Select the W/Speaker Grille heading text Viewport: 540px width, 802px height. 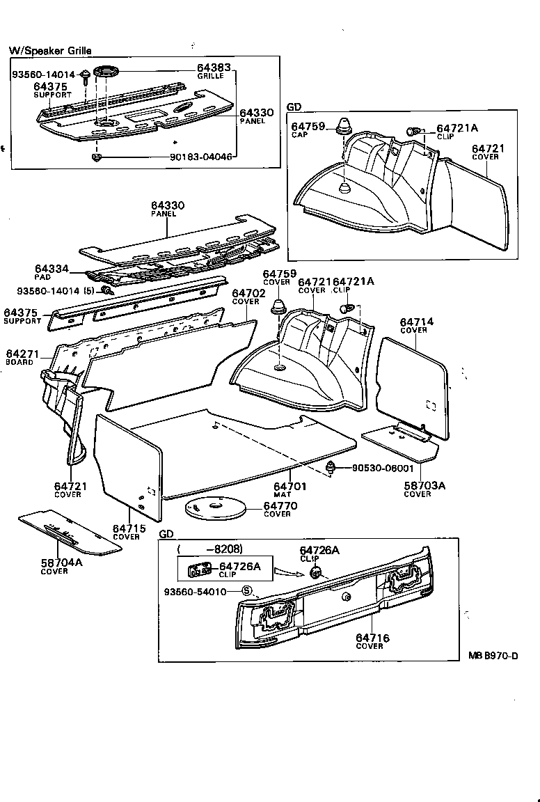pyautogui.click(x=49, y=51)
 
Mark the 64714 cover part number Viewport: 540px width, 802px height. pyautogui.click(x=417, y=322)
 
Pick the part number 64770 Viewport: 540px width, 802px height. pyautogui.click(x=280, y=506)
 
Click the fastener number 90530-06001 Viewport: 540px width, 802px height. pyautogui.click(x=379, y=469)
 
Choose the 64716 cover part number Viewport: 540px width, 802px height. pyautogui.click(x=372, y=638)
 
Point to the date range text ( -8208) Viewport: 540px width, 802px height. pyautogui.click(x=209, y=550)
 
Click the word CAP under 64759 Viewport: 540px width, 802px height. pyautogui.click(x=299, y=135)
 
